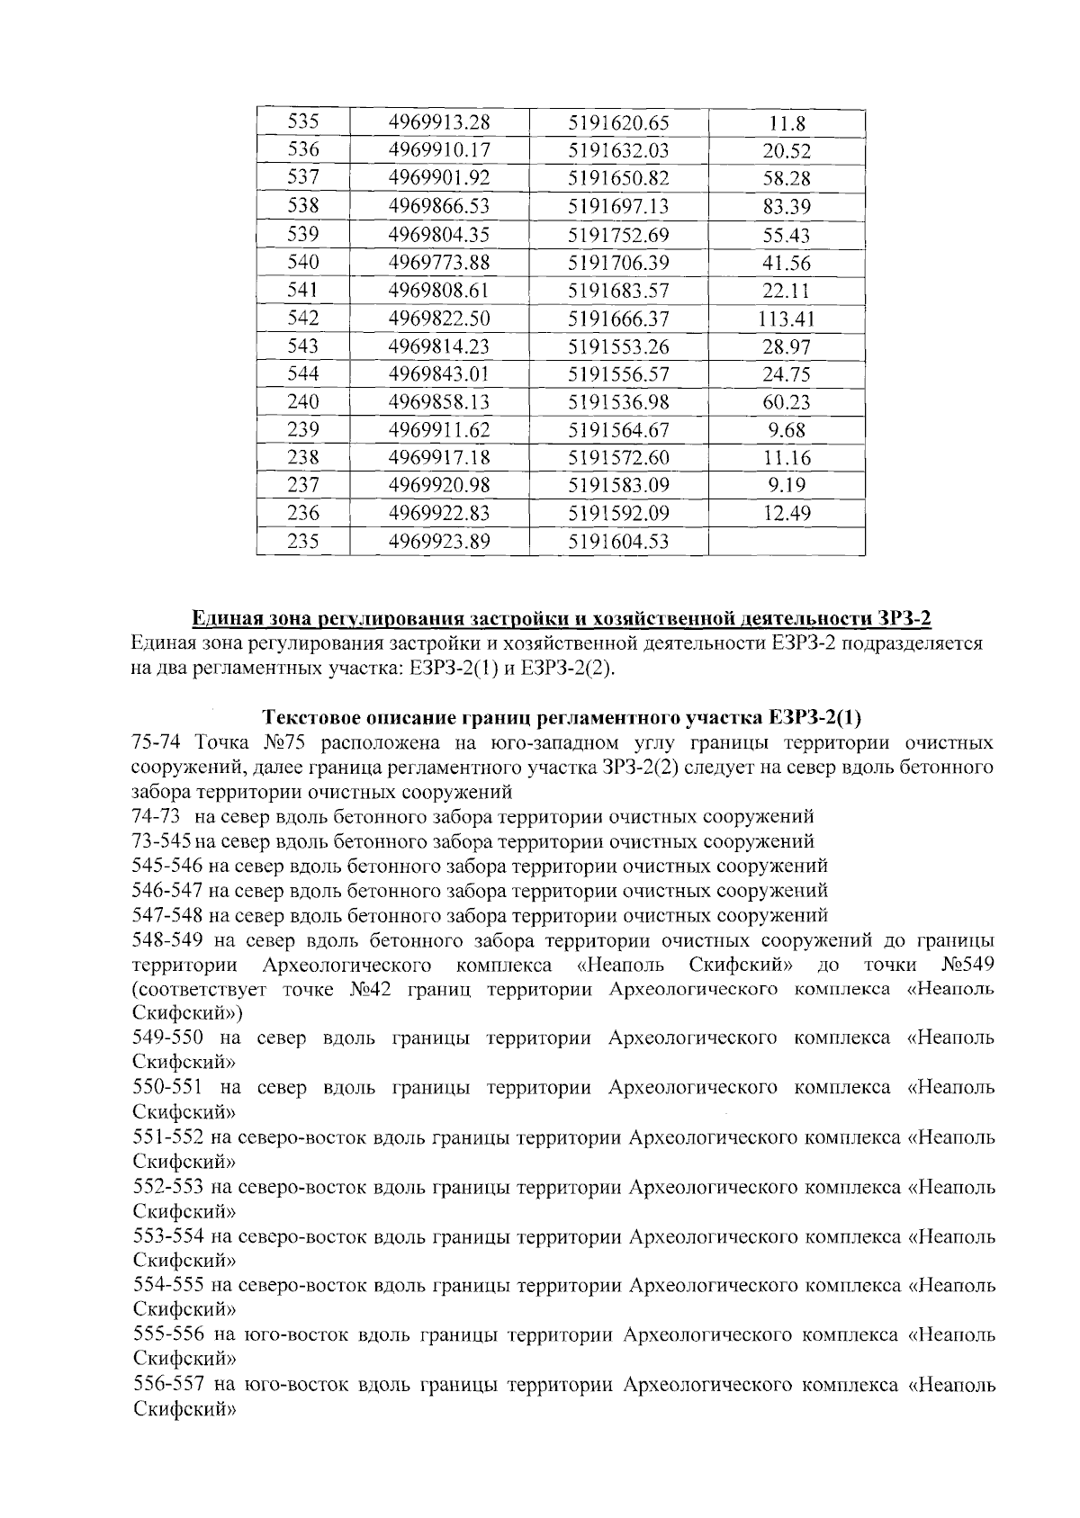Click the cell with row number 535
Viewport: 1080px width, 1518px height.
(x=302, y=122)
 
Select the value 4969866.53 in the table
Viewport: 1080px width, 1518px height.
(x=438, y=207)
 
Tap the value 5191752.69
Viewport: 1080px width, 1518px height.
(x=618, y=236)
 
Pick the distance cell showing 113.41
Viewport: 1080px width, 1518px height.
(x=786, y=319)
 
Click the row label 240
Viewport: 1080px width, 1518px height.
(x=302, y=402)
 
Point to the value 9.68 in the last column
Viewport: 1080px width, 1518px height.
(x=786, y=430)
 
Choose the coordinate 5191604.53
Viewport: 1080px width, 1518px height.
(x=618, y=542)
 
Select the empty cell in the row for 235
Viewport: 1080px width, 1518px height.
(x=786, y=542)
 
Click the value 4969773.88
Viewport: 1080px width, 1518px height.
(x=438, y=263)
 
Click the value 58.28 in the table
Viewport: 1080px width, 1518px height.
(x=786, y=179)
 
